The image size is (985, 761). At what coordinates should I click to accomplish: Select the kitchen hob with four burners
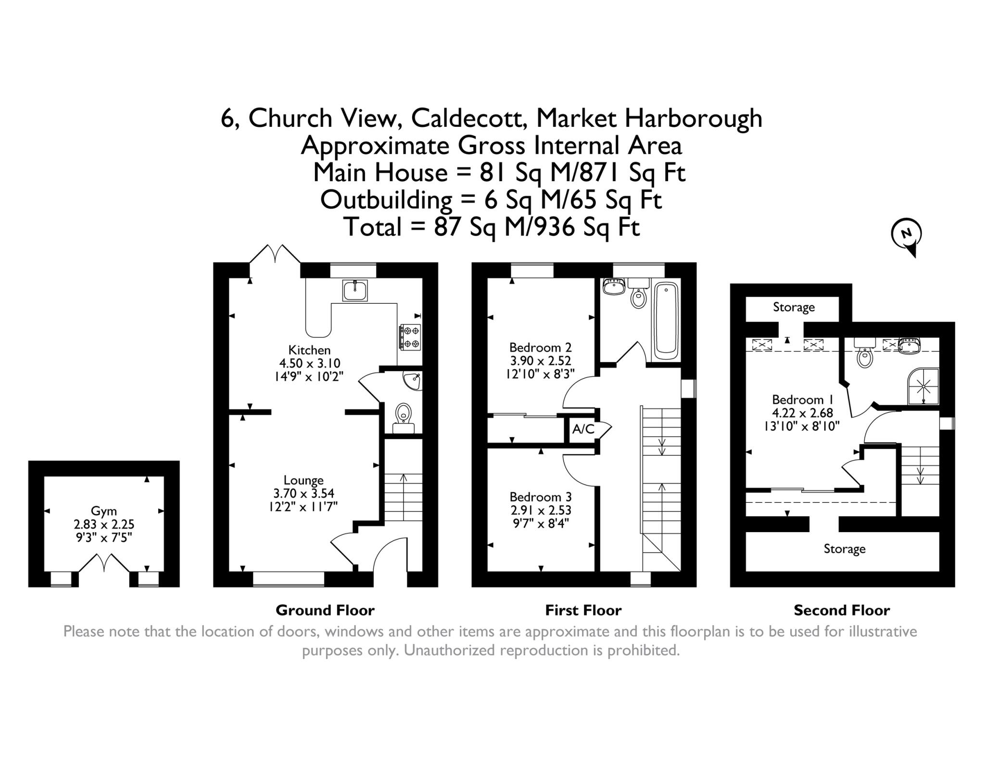coord(410,337)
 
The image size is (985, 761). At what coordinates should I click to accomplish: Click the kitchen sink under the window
coord(355,290)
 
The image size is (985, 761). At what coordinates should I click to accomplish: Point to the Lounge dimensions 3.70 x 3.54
coord(303,493)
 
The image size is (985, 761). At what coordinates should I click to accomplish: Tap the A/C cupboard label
coord(582,429)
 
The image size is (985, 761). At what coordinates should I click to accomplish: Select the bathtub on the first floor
coord(666,320)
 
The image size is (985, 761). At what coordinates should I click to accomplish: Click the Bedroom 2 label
coord(541,347)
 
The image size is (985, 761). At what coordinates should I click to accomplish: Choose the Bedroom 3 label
coord(541,497)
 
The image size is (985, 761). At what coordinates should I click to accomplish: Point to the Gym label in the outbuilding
coord(104,511)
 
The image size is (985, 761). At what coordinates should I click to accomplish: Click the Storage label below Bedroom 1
coord(844,549)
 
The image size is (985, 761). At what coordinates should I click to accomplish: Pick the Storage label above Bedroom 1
coord(794,307)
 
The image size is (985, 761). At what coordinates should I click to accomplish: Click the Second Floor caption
coord(842,611)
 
